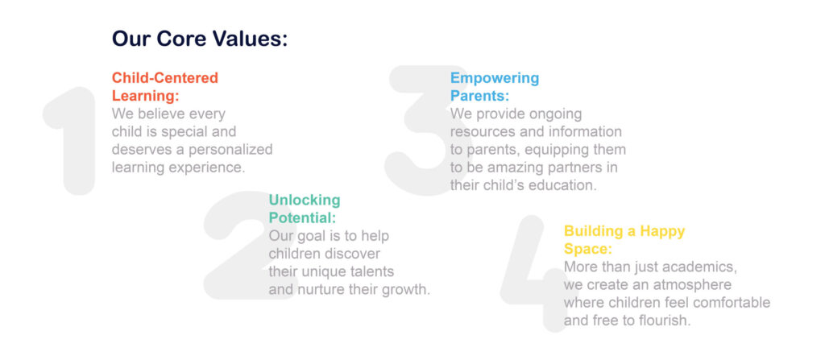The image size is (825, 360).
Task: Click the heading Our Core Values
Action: tap(200, 39)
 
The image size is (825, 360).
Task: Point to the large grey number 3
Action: tap(421, 130)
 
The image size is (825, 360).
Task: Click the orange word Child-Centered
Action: tap(164, 78)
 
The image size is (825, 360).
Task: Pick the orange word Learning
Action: tap(145, 97)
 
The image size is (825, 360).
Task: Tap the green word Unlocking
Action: tap(305, 200)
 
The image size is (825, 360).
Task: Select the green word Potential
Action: tap(302, 217)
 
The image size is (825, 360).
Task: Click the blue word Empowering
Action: tap(495, 78)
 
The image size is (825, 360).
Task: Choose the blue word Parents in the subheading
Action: tap(479, 97)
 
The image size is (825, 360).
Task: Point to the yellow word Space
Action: tap(587, 249)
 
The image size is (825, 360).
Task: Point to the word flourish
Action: tap(665, 321)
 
